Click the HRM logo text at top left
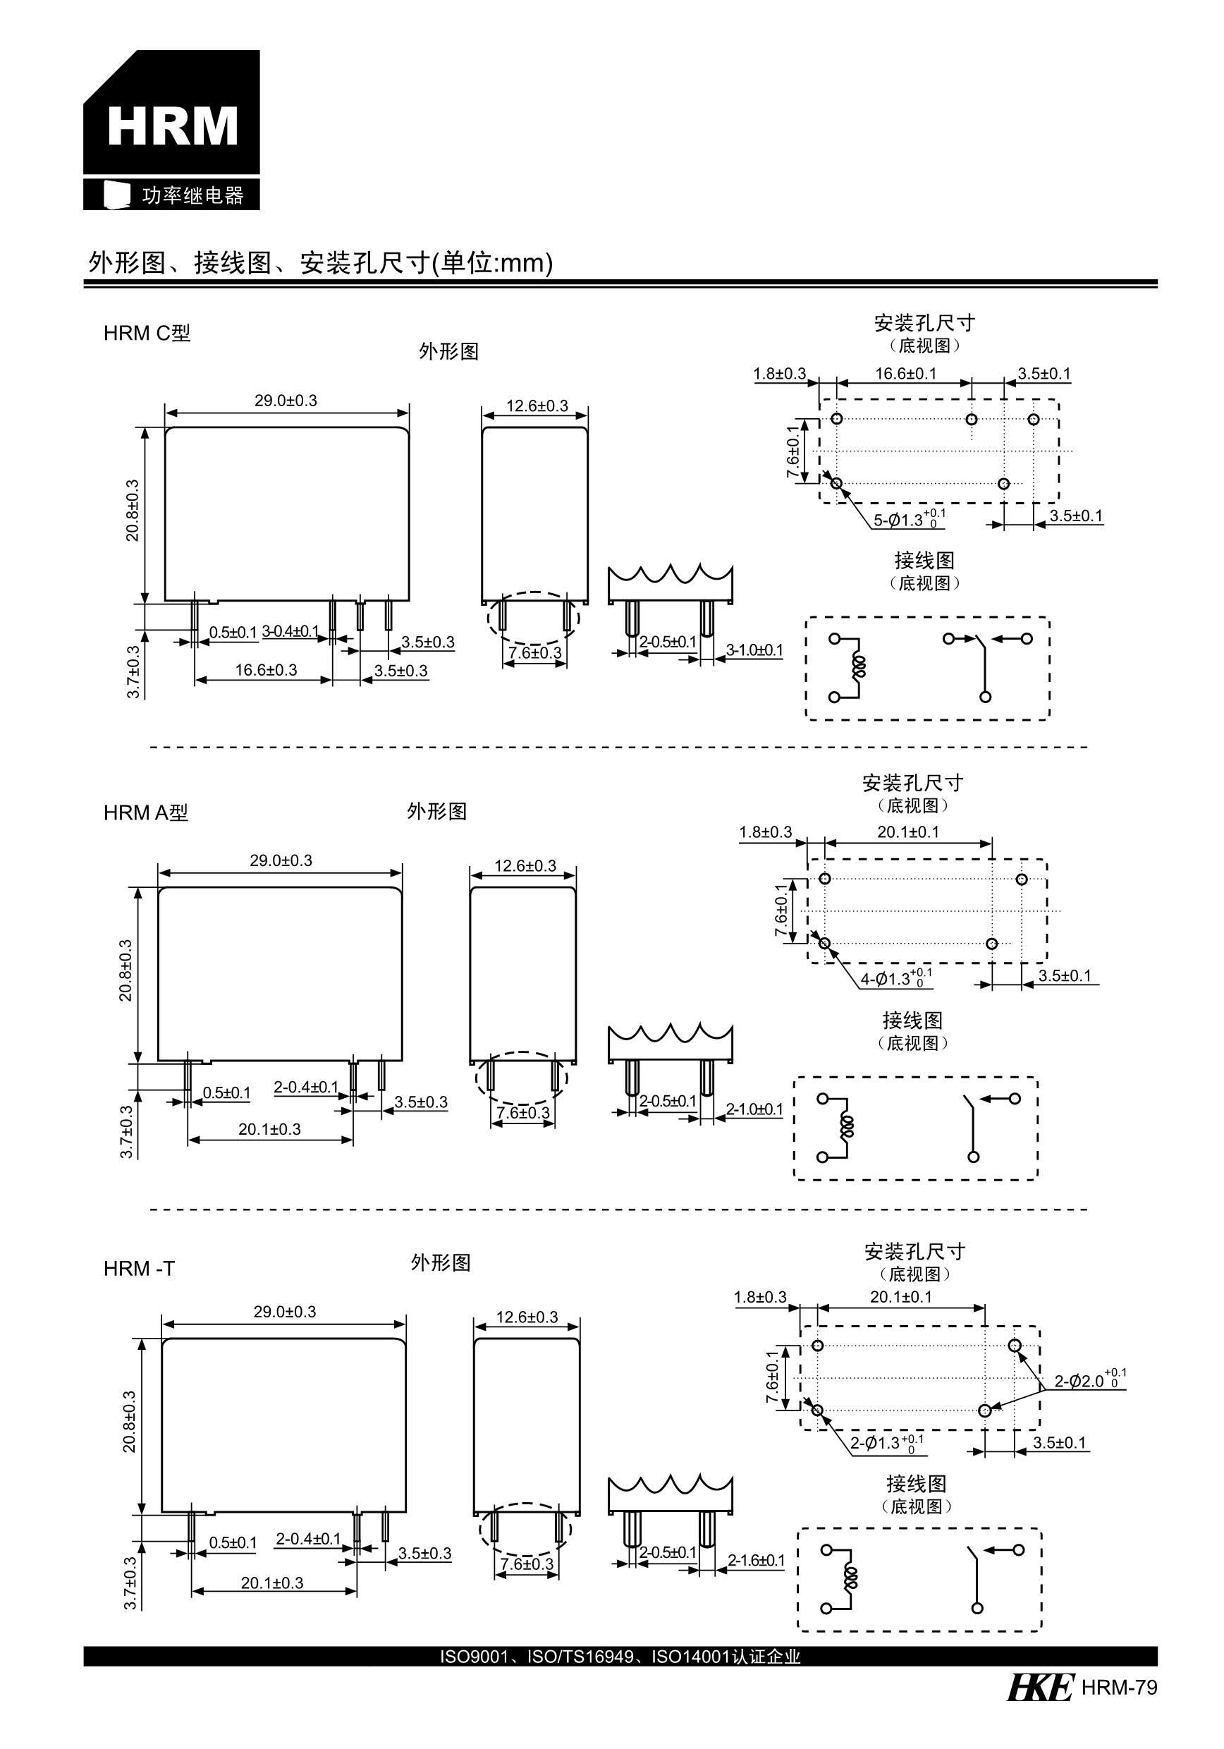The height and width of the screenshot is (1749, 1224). pos(172,126)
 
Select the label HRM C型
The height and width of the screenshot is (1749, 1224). pos(147,333)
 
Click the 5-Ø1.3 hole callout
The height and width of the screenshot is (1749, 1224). pos(908,520)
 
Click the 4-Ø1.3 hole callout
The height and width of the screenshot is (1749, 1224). pos(895,979)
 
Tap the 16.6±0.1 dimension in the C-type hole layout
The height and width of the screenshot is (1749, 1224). pos(905,373)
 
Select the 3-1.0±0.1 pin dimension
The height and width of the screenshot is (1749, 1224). pos(754,650)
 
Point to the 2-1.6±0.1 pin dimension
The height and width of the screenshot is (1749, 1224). pos(756,1560)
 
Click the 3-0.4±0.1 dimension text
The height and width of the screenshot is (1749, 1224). pos(290,631)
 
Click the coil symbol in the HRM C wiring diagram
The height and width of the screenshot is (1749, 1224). pos(859,667)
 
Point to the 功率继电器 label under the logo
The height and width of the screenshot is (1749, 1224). pos(192,196)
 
